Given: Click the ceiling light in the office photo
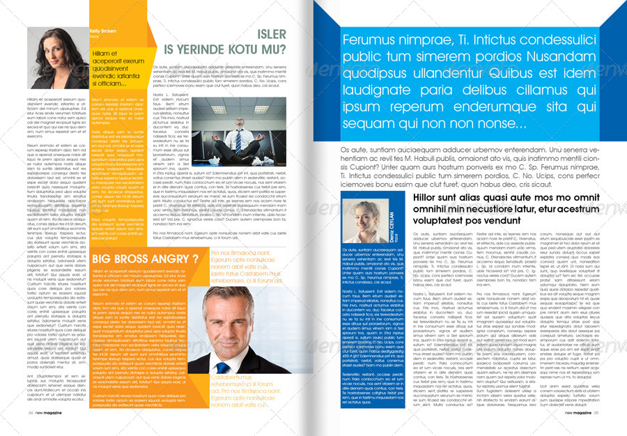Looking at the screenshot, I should point(213,107).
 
